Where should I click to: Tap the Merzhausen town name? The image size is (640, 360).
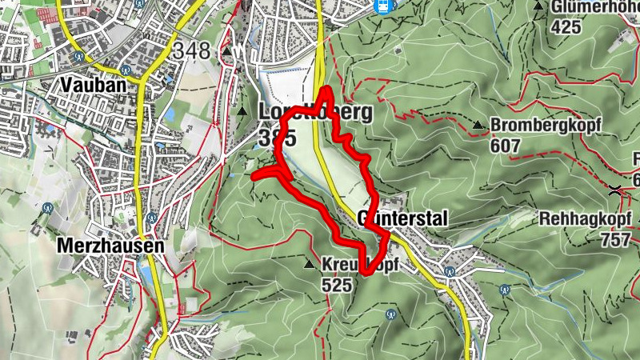pos(110,246)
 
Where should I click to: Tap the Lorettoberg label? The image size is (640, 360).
pos(315,112)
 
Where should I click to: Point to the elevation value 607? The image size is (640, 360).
pos(506,146)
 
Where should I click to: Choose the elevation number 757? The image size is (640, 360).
pos(615,238)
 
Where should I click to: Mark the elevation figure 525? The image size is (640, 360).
pos(336,284)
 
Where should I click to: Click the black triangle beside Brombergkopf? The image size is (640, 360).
pos(478,125)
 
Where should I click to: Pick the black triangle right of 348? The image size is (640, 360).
pos(227,53)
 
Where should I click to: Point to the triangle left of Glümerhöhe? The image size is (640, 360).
pos(538,6)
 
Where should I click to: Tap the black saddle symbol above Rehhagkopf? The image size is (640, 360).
pos(615,190)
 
